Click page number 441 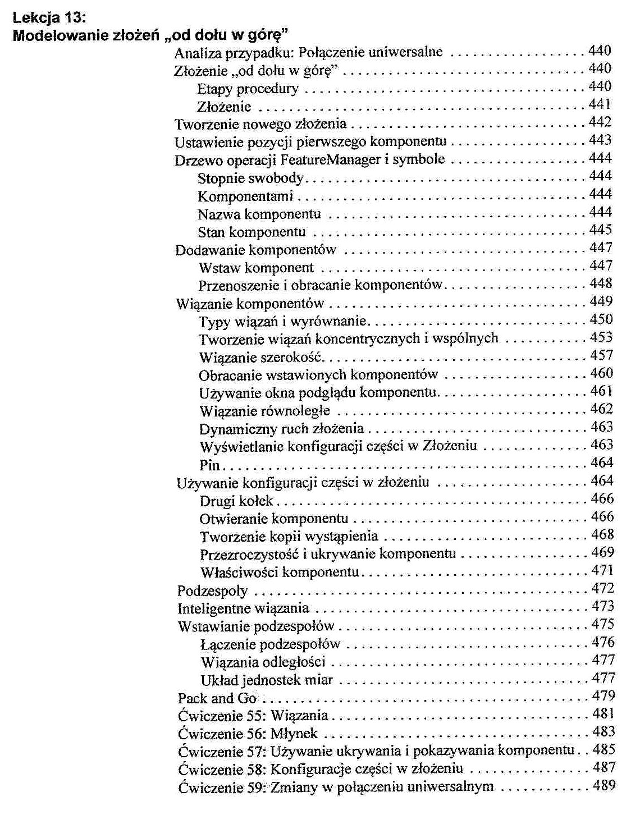pyautogui.click(x=600, y=104)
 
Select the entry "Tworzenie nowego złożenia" pyautogui.click(x=260, y=123)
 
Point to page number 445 pyautogui.click(x=601, y=230)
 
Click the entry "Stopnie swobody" pyautogui.click(x=250, y=178)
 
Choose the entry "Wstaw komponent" pyautogui.click(x=256, y=268)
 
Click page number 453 pyautogui.click(x=601, y=337)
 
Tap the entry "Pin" pyautogui.click(x=209, y=465)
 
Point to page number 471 pyautogui.click(x=602, y=570)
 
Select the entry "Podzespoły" pyautogui.click(x=212, y=590)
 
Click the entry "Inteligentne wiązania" pyautogui.click(x=243, y=608)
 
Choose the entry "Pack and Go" pyautogui.click(x=217, y=698)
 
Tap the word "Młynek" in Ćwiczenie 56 pyautogui.click(x=294, y=734)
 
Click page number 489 pyautogui.click(x=604, y=785)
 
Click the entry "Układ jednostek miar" pyautogui.click(x=267, y=680)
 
